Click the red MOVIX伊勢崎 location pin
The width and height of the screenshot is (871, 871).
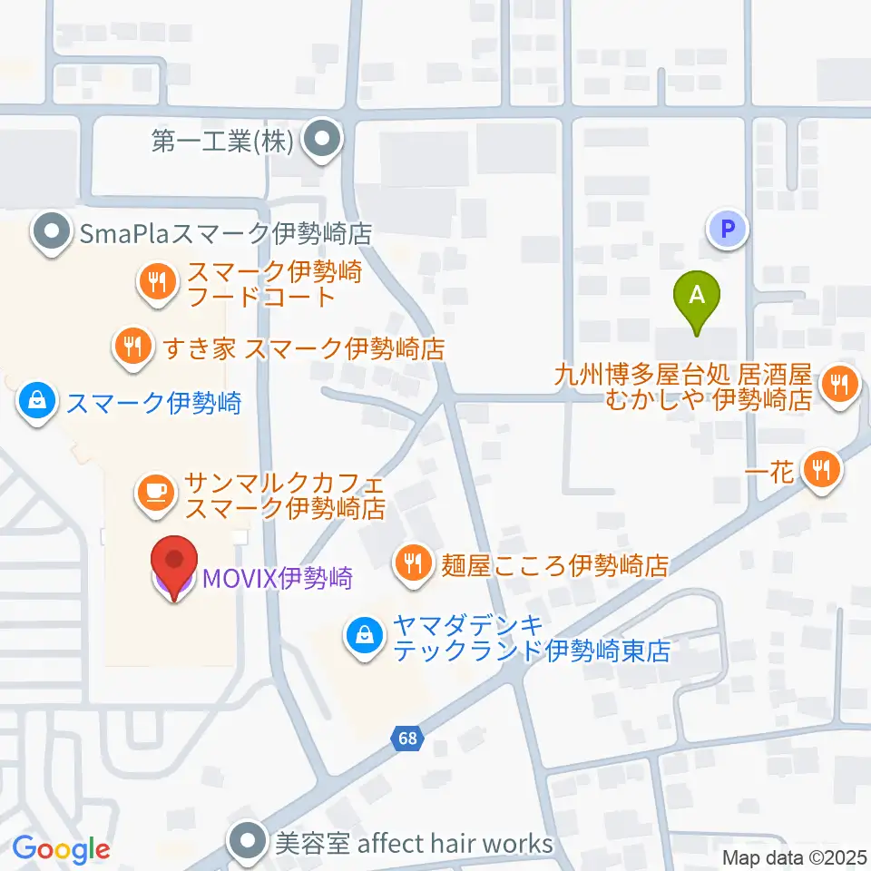click(x=171, y=564)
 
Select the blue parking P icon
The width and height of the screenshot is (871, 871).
click(x=727, y=230)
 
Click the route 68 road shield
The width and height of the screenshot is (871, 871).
click(x=408, y=738)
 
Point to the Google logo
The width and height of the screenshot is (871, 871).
click(x=61, y=850)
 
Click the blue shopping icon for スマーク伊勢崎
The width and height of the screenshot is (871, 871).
click(x=38, y=401)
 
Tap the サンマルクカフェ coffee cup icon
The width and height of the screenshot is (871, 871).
click(x=154, y=493)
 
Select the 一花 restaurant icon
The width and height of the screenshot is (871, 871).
click(x=822, y=470)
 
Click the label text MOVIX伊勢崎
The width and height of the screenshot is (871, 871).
click(x=278, y=577)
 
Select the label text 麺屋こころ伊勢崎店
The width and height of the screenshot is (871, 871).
click(x=554, y=567)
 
